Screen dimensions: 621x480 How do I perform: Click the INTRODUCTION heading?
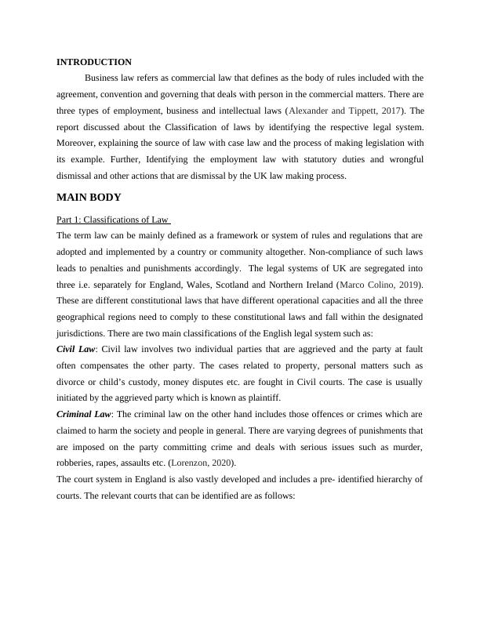pos(94,62)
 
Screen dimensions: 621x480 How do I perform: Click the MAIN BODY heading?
pos(89,198)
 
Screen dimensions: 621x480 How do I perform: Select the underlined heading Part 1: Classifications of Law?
pos(113,220)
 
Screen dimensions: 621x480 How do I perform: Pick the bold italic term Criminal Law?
pos(85,414)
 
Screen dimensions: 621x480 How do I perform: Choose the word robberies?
pos(76,463)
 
